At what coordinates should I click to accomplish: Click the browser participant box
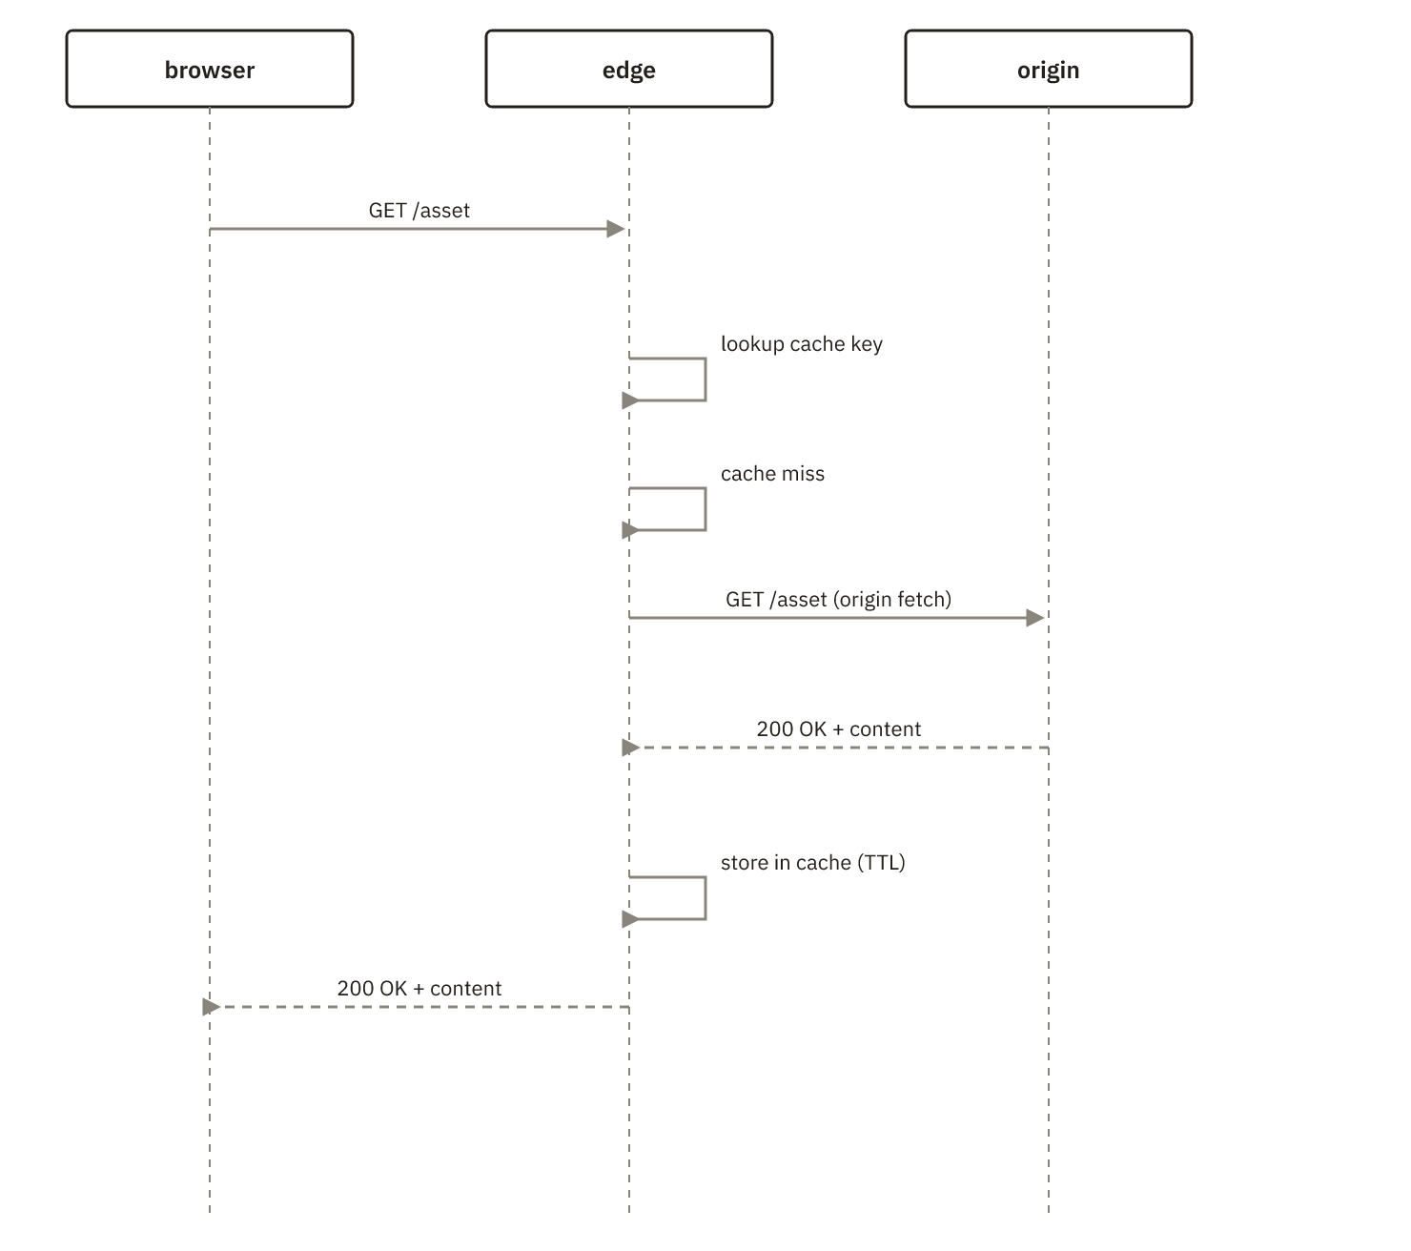coord(210,69)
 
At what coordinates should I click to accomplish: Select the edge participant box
coord(629,69)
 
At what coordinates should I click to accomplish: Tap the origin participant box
coord(1048,69)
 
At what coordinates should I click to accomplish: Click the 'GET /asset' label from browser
coord(419,211)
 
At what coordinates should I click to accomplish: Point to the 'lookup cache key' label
coord(801,344)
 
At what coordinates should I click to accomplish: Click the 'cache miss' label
coord(772,474)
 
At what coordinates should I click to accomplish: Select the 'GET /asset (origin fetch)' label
coord(839,599)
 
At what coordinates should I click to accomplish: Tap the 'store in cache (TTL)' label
coord(812,862)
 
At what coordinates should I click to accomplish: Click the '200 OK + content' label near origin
coord(839,728)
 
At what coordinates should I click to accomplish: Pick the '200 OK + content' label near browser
coord(419,989)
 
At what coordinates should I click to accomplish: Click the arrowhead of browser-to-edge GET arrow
coord(616,229)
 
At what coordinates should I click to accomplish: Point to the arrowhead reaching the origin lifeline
coord(1035,617)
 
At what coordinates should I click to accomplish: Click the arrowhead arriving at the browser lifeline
coord(211,1007)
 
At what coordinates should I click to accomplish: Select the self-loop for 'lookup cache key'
coord(705,379)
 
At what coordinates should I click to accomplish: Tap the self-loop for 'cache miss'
coord(705,509)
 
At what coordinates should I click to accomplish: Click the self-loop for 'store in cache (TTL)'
coord(705,898)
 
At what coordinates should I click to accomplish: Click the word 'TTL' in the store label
coord(881,862)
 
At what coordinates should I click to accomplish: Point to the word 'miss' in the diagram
coord(803,474)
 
